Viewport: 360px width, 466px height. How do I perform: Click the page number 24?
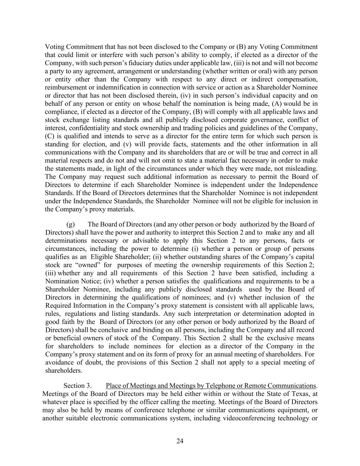click(x=180, y=441)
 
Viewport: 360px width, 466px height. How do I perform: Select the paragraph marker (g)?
click(x=70, y=224)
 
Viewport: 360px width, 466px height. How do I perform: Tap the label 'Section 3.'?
click(x=77, y=386)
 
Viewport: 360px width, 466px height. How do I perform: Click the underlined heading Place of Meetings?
click(x=211, y=386)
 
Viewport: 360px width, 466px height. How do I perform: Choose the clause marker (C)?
click(x=49, y=136)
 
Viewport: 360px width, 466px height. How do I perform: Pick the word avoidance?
click(x=58, y=362)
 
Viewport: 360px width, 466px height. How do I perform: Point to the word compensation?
click(x=298, y=80)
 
